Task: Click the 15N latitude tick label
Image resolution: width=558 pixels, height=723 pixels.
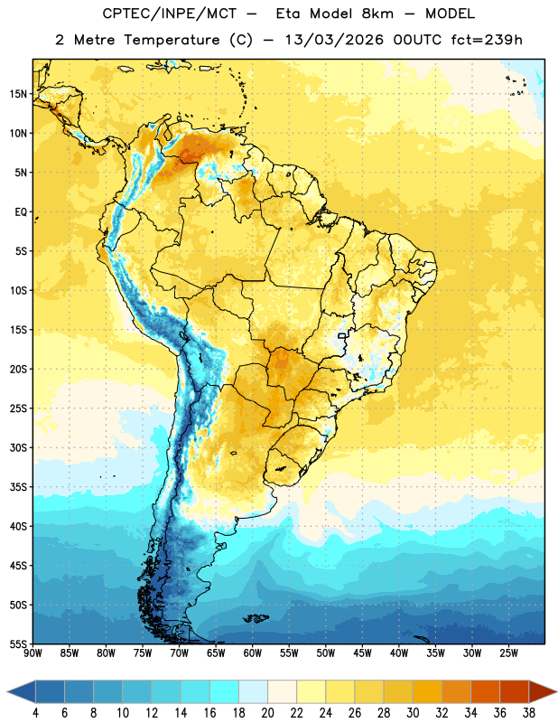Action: (18, 94)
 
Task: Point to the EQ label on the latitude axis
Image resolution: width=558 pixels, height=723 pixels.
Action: (21, 212)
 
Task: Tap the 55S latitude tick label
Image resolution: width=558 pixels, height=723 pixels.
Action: (18, 643)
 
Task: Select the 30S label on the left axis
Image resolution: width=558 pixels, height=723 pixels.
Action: (18, 447)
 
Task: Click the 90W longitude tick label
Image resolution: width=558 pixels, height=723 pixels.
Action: (33, 653)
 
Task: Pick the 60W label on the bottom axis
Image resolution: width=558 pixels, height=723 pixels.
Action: (253, 653)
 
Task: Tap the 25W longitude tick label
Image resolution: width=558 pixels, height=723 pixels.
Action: (508, 653)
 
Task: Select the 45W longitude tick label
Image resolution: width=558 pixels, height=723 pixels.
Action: (362, 653)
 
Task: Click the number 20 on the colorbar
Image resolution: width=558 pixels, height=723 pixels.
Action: (267, 713)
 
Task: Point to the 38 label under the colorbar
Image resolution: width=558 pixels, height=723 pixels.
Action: (528, 713)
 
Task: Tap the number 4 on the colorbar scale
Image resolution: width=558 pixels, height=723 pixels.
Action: (35, 713)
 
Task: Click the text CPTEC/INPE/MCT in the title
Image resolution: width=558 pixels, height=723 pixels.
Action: (169, 14)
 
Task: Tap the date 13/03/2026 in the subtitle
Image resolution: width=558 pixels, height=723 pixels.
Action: (334, 40)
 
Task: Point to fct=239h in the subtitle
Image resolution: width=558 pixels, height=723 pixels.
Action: (487, 40)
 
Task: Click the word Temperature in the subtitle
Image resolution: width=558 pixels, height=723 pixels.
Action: (172, 41)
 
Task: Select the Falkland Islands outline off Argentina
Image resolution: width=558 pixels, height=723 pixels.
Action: (256, 618)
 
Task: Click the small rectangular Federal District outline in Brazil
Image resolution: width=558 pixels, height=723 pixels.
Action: (342, 335)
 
